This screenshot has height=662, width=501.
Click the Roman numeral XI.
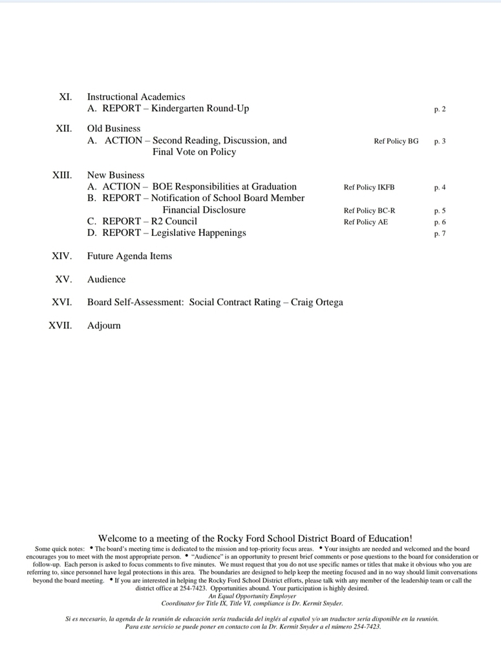click(x=65, y=97)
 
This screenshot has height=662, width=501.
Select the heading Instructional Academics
click(x=136, y=97)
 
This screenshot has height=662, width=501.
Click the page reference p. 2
click(x=440, y=109)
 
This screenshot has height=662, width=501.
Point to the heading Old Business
click(x=114, y=129)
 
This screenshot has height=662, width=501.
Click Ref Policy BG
click(x=396, y=141)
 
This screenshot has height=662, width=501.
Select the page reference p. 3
click(x=440, y=141)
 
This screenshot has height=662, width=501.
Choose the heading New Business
click(x=116, y=175)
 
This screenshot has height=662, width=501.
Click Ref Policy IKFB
click(x=368, y=187)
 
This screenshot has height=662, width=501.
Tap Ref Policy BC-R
click(x=369, y=211)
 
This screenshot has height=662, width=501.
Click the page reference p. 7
click(x=440, y=233)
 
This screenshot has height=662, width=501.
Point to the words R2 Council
click(x=174, y=221)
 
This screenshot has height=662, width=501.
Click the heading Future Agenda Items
click(x=129, y=256)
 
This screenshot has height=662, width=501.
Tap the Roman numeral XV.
click(x=63, y=279)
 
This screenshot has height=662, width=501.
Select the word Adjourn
click(x=103, y=326)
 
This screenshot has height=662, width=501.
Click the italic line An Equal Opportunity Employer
click(x=252, y=596)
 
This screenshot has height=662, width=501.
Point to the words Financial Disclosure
click(x=204, y=210)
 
